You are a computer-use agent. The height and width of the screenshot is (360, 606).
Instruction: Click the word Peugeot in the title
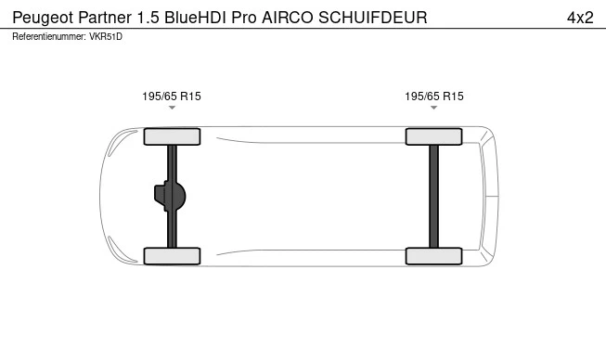(x=41, y=17)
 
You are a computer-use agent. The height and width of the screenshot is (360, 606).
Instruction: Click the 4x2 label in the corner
(x=579, y=17)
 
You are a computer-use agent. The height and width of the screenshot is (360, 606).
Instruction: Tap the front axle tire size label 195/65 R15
(x=172, y=96)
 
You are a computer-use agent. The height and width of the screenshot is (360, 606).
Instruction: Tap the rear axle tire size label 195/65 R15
(x=434, y=96)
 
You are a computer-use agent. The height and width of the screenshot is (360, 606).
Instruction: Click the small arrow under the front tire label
(x=172, y=109)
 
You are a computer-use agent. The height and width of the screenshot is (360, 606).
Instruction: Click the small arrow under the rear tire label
(x=434, y=109)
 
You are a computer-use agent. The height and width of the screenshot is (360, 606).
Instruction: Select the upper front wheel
(x=172, y=136)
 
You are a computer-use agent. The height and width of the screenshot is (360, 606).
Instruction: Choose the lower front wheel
(x=172, y=256)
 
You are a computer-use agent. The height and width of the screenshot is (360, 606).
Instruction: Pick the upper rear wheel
(x=434, y=136)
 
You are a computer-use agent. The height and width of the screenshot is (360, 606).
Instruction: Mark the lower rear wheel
(x=434, y=256)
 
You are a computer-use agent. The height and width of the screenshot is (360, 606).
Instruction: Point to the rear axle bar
(x=434, y=196)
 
